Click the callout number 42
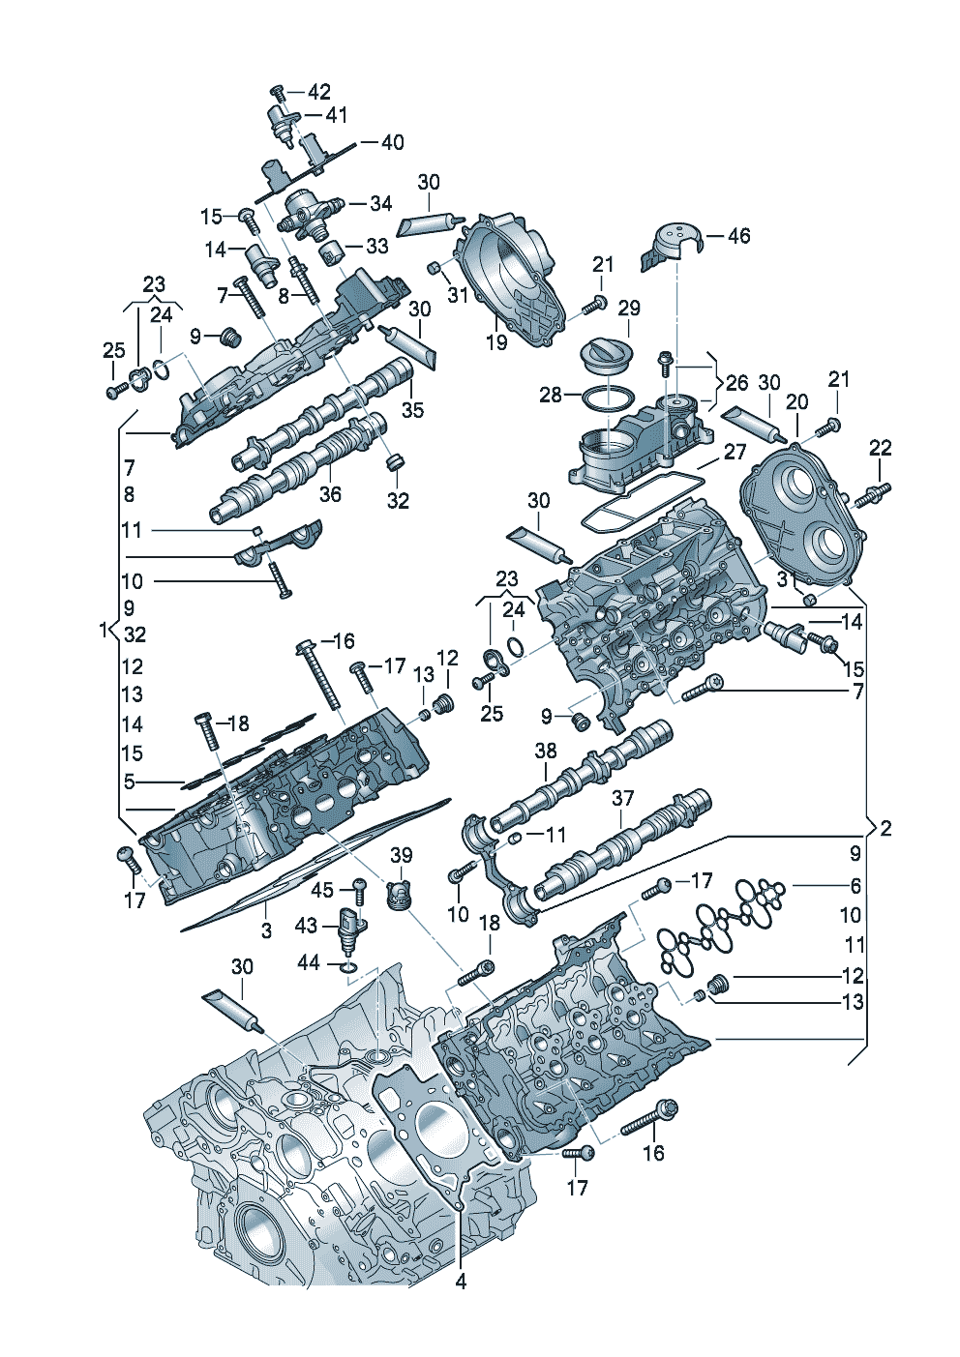pyautogui.click(x=318, y=92)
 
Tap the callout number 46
pyautogui.click(x=737, y=235)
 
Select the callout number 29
pyautogui.click(x=628, y=308)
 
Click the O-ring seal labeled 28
pyautogui.click(x=608, y=399)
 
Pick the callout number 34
pyautogui.click(x=380, y=203)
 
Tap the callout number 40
pyautogui.click(x=392, y=143)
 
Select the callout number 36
pyautogui.click(x=330, y=493)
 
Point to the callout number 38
pyautogui.click(x=545, y=752)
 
